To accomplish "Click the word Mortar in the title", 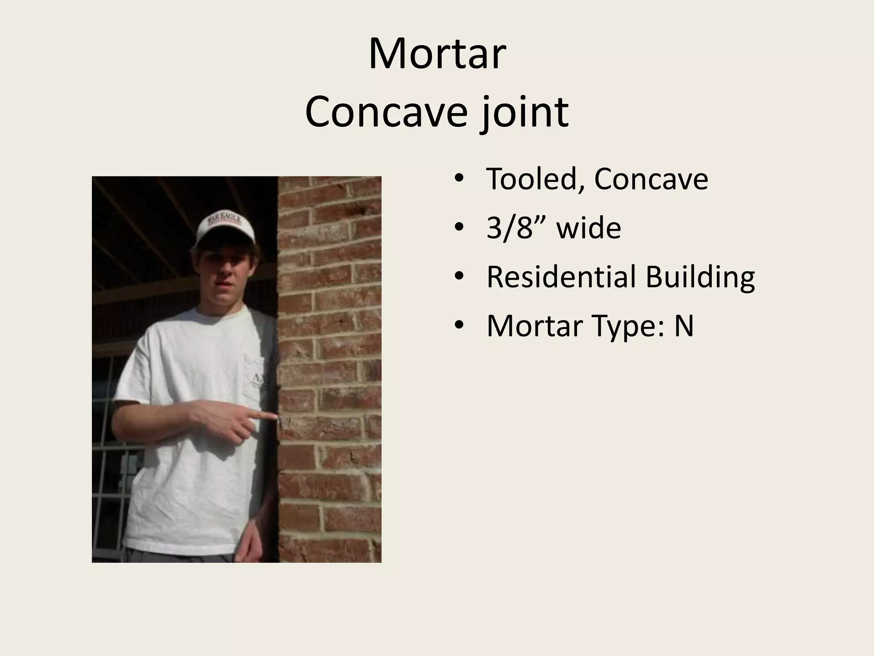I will click(x=437, y=55).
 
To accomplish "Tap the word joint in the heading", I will click(x=525, y=112).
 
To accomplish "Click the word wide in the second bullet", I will click(x=588, y=228).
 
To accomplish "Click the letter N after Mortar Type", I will click(x=684, y=326).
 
